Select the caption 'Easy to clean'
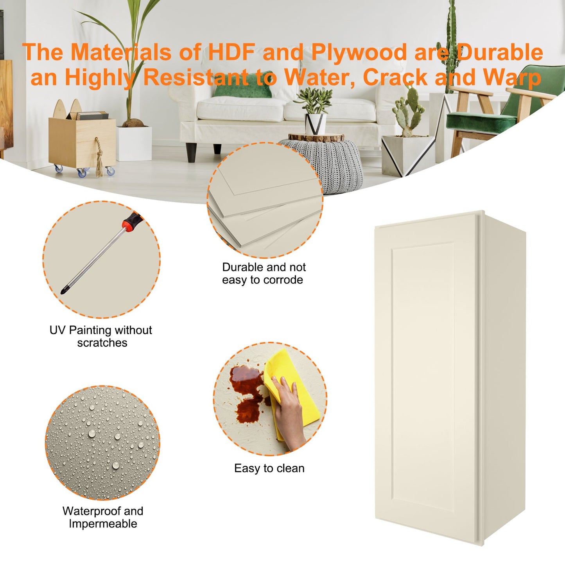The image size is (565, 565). [x=269, y=468]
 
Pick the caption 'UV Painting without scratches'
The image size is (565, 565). [x=101, y=336]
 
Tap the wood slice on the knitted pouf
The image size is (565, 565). [x=316, y=137]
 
